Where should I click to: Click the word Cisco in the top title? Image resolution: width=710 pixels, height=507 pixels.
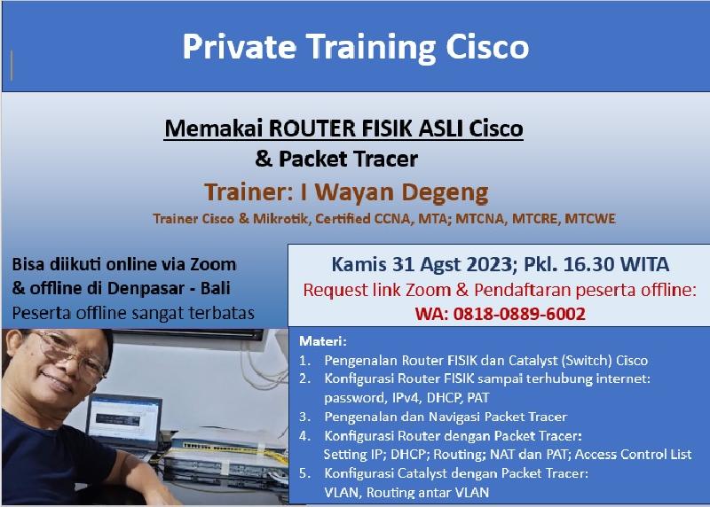tap(487, 47)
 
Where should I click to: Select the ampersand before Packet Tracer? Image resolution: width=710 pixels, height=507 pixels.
tap(264, 159)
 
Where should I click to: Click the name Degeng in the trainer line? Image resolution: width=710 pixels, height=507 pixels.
tap(446, 192)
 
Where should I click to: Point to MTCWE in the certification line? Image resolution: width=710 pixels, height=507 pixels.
tap(590, 218)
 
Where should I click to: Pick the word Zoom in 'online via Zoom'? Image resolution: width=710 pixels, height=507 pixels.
tap(213, 264)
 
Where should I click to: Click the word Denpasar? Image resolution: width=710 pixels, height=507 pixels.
tap(146, 288)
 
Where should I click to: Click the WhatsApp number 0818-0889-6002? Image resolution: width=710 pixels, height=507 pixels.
tap(519, 314)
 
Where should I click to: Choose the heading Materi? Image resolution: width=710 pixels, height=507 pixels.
tap(323, 341)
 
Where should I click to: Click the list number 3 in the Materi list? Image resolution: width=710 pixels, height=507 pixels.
tap(304, 417)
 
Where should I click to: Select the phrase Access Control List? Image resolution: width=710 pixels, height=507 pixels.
tap(633, 454)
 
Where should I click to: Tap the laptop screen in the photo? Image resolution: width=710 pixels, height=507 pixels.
tap(123, 420)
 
